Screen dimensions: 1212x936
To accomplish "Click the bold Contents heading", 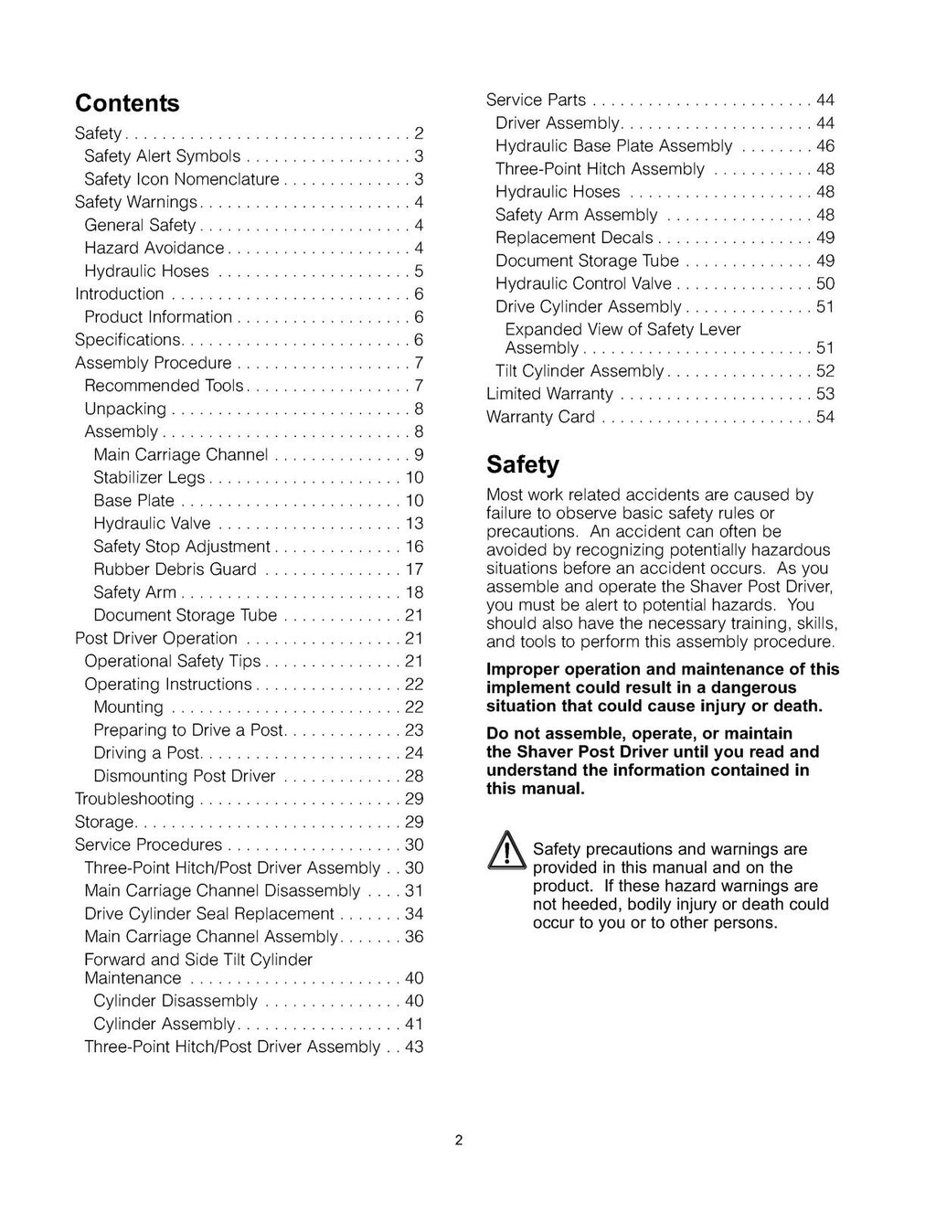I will [x=127, y=102].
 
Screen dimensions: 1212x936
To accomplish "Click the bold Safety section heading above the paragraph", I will [x=522, y=464].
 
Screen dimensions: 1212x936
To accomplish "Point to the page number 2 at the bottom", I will [x=459, y=1140].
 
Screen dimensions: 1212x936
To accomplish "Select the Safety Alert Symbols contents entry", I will [x=162, y=156].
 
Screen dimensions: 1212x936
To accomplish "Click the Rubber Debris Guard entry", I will [x=175, y=569].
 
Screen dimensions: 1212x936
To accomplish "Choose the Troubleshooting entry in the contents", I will [x=134, y=799].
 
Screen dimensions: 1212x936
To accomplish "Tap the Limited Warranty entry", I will [x=549, y=394].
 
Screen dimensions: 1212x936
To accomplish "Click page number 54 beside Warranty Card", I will [x=824, y=417].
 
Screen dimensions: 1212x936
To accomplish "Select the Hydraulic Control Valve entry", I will [x=583, y=283].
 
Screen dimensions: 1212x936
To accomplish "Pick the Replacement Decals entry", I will [x=574, y=238].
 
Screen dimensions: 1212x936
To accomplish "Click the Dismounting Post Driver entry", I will [x=184, y=776].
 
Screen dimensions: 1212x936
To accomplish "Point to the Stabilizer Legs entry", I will [x=149, y=477].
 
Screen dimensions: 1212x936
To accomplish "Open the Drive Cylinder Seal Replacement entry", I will [x=208, y=914].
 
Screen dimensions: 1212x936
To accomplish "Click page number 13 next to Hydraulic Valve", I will [x=414, y=524].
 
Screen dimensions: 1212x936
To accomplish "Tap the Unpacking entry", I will [x=125, y=409].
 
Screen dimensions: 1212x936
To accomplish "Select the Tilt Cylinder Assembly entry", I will [x=580, y=371].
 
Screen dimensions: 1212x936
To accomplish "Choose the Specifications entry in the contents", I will [x=128, y=340].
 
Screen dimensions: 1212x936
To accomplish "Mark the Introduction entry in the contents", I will [x=120, y=294].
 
